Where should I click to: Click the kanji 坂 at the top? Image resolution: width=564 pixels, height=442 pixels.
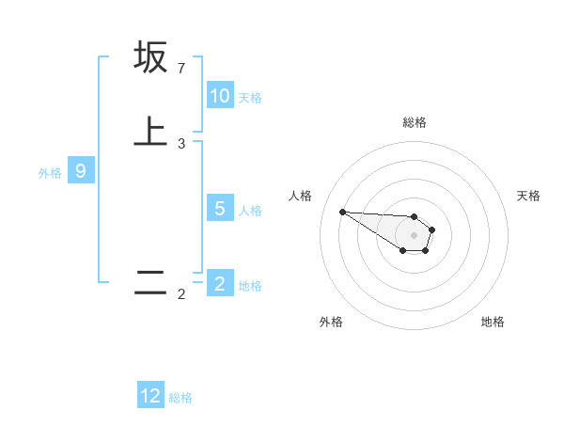coord(150,57)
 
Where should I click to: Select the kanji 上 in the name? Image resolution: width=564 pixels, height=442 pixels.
coord(150,131)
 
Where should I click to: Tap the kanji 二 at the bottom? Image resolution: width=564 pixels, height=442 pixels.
coord(150,283)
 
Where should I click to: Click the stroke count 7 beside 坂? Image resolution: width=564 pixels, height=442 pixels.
coord(181,69)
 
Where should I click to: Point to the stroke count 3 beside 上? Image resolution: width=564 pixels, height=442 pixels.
coord(181,144)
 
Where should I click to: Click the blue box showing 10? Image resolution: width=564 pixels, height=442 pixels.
coord(220,96)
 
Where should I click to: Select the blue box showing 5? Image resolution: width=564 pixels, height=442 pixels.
coord(220,209)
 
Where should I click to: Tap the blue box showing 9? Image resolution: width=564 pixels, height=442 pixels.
coord(81,171)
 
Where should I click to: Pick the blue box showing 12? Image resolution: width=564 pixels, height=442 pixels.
coord(150,396)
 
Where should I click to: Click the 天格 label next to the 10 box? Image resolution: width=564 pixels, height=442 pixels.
coord(250,98)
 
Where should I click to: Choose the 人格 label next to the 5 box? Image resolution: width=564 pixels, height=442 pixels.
coord(250,211)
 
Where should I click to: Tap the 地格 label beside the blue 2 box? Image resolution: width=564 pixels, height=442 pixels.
coord(250,286)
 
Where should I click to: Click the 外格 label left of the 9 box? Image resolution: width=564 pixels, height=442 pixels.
coord(50,173)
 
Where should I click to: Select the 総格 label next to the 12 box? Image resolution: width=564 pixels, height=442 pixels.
coord(180,398)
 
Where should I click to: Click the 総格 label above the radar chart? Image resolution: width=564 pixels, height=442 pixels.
coord(414,122)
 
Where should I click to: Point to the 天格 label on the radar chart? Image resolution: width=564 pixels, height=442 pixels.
coord(528,196)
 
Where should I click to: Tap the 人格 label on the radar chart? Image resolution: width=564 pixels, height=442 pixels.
coord(300,196)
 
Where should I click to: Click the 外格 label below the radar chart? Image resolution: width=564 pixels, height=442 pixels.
coord(331,322)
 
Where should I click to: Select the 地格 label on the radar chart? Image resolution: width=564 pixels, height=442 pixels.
coord(493,322)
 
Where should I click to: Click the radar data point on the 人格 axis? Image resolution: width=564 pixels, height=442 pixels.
coord(342,212)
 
